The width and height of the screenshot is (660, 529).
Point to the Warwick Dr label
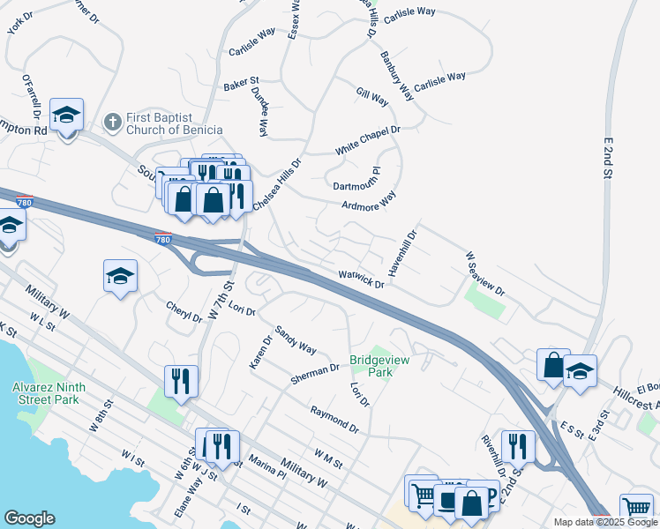[x=362, y=279]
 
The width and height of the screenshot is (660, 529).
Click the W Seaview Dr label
[x=484, y=273]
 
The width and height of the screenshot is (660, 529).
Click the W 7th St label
[x=221, y=301]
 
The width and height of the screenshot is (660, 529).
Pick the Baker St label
[x=240, y=85]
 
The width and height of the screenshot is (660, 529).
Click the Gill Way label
[x=372, y=97]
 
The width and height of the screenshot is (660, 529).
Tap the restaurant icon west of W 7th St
[x=181, y=382]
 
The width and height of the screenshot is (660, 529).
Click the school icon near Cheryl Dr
[x=120, y=277]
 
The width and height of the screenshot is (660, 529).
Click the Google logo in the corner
[x=29, y=518]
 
